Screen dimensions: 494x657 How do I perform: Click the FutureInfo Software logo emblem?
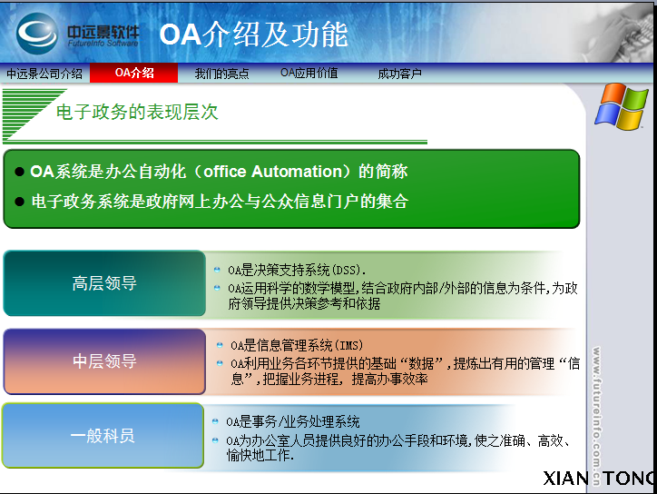pos(38,35)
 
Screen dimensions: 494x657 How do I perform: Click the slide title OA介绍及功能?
pos(253,35)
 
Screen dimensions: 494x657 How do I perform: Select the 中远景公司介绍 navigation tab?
pos(44,74)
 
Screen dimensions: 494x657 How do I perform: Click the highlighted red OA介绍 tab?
pos(134,73)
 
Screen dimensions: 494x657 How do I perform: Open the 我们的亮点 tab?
pos(221,74)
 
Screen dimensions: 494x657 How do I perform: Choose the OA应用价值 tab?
pos(309,73)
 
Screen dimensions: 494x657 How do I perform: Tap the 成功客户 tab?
pos(399,74)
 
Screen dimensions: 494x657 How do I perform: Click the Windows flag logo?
pos(622,106)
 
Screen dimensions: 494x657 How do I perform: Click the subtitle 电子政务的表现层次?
pos(137,113)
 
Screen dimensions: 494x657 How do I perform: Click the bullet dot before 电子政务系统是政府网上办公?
pos(20,202)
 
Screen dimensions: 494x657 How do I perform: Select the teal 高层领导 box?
pos(104,283)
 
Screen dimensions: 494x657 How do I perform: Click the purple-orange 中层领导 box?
pos(104,361)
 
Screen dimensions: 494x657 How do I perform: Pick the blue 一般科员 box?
pos(103,436)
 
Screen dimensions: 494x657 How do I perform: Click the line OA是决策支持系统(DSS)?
pos(296,270)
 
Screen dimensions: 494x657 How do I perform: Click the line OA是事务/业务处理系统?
pos(293,421)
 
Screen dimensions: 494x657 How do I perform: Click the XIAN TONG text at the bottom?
pos(599,479)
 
